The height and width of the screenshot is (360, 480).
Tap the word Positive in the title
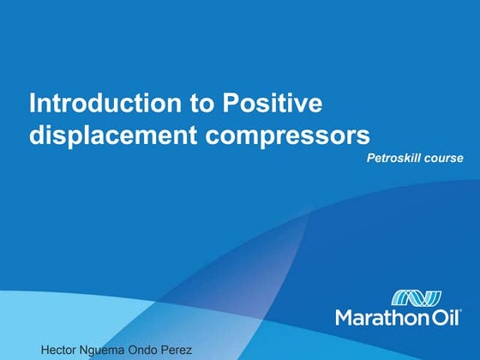click(x=272, y=105)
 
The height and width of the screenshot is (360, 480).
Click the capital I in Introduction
click(x=33, y=105)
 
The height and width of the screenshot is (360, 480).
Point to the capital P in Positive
click(x=231, y=105)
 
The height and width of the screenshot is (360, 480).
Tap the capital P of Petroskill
click(x=369, y=159)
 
